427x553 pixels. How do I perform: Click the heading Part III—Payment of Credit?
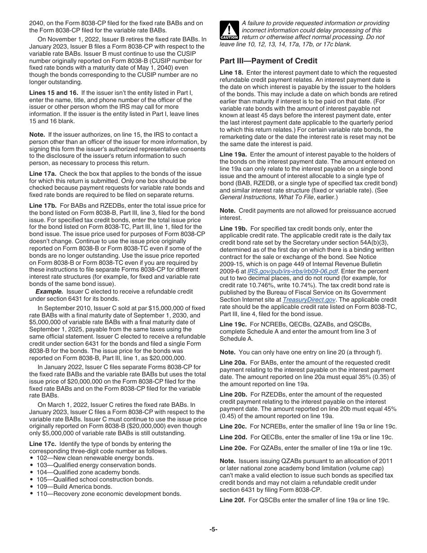(268, 61)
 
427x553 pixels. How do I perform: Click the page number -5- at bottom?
(213, 529)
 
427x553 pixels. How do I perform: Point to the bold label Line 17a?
(43, 173)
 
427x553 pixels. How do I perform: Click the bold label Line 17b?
(43, 205)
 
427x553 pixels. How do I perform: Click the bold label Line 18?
(231, 72)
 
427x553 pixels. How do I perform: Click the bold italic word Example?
(49, 292)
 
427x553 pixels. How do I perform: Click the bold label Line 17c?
(43, 444)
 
